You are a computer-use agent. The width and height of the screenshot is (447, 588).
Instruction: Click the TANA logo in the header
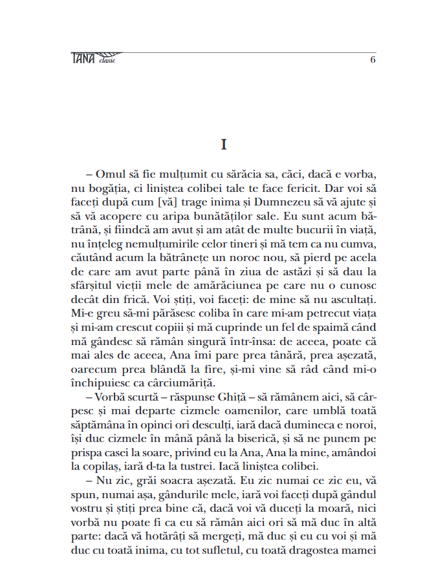(x=83, y=59)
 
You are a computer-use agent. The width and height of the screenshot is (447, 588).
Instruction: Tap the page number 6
(x=373, y=59)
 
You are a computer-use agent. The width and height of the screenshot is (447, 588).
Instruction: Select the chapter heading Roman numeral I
(x=223, y=145)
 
